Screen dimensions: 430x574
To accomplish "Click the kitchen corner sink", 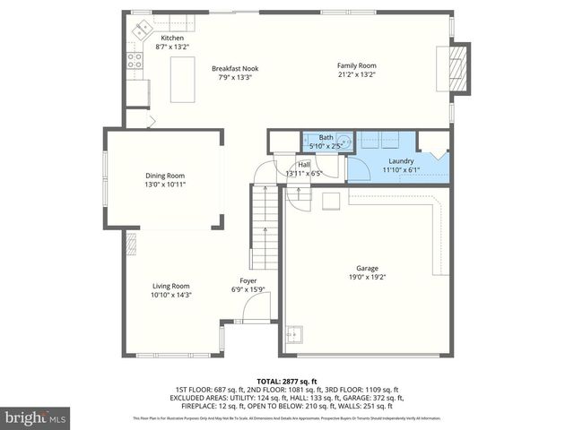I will pos(142,30).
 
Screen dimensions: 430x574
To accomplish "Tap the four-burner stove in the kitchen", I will pos(134,61).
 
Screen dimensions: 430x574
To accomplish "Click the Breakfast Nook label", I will pos(234,68).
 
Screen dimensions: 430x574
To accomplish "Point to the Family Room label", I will pos(356,65).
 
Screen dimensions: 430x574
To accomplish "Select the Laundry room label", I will pos(401,160).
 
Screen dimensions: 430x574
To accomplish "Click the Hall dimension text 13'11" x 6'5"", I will pos(304,173).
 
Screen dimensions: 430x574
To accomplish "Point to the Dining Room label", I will pos(165,176).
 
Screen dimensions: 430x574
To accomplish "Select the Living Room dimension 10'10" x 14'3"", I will pos(170,295).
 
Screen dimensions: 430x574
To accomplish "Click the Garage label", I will pos(367,268).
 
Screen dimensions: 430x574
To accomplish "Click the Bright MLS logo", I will pos(36,418).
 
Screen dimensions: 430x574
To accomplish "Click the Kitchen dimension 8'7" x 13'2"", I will pos(173,47).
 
